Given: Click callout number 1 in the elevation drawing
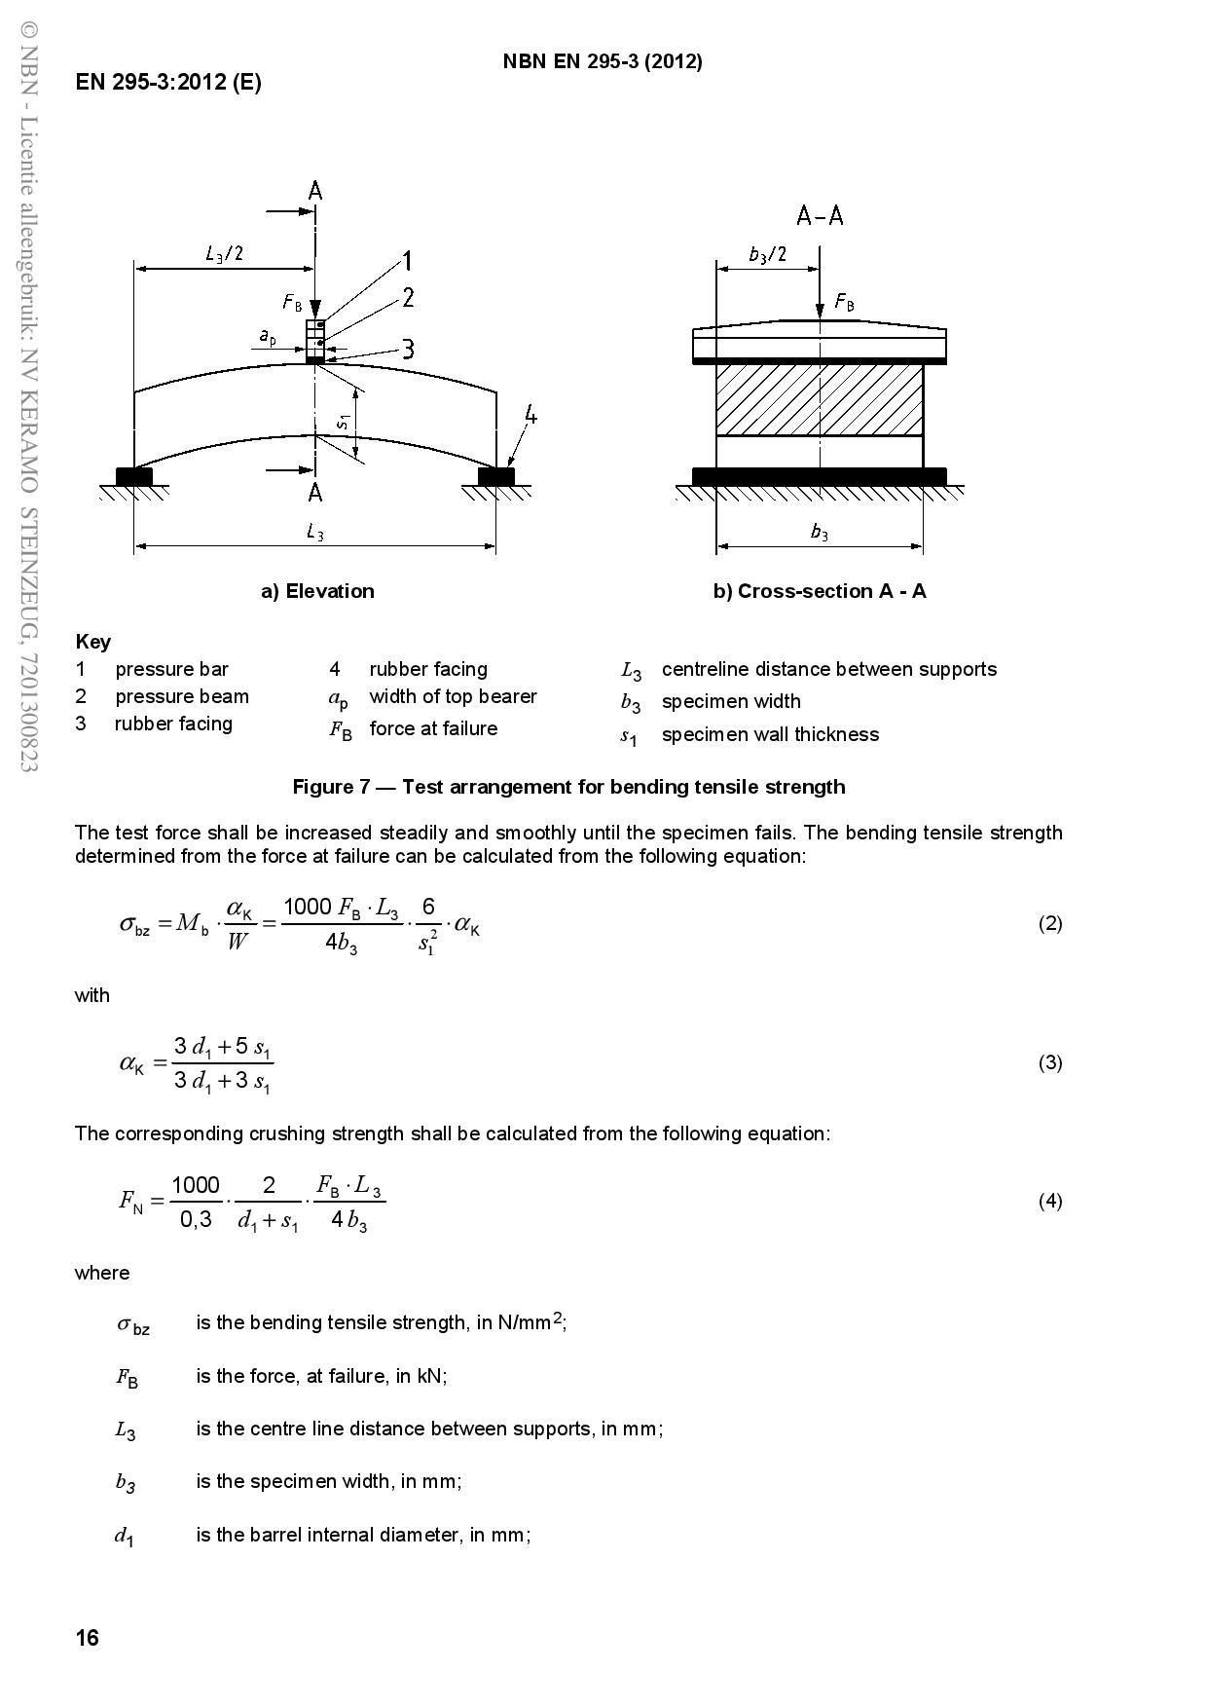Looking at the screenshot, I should (408, 261).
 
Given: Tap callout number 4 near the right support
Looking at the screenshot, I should (530, 416).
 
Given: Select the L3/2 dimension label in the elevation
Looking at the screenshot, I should (224, 254).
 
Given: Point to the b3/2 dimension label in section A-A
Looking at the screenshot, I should (767, 254).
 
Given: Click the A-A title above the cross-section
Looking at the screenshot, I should (820, 216).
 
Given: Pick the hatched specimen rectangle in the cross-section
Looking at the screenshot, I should (820, 399).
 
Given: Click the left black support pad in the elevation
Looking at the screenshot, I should (134, 476).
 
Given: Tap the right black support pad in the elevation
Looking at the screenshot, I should (496, 476).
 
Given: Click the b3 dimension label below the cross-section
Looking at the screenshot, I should (820, 532).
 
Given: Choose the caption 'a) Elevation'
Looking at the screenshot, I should (317, 591).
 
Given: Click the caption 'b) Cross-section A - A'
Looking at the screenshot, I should (820, 591).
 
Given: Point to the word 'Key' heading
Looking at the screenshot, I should (92, 642).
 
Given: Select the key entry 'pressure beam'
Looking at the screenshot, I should (182, 696).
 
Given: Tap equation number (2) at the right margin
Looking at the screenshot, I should (1049, 923).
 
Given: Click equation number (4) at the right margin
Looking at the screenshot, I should (1049, 1201).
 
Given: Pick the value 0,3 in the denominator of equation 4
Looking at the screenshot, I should (196, 1219).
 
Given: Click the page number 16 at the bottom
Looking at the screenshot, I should (88, 1638).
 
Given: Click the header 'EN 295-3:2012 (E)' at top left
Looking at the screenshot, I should (168, 82).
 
